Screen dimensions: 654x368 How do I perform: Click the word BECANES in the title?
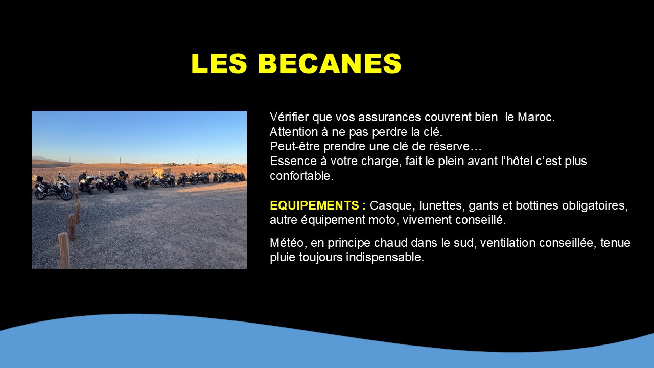pos(330,63)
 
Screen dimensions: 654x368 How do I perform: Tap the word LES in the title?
pos(219,63)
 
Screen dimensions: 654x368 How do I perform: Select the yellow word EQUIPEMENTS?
pos(314,205)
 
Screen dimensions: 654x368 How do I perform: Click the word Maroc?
pos(536,117)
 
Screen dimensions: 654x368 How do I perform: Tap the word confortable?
pos(301,176)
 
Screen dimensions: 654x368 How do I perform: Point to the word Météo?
pos(287,243)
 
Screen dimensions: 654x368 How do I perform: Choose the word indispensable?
pos(385,257)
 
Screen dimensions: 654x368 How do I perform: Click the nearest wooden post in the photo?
pos(64,250)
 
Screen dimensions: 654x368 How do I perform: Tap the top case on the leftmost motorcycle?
pos(37,179)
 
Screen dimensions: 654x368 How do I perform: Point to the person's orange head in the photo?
pos(85,172)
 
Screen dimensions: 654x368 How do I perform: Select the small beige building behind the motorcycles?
pos(162,171)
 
